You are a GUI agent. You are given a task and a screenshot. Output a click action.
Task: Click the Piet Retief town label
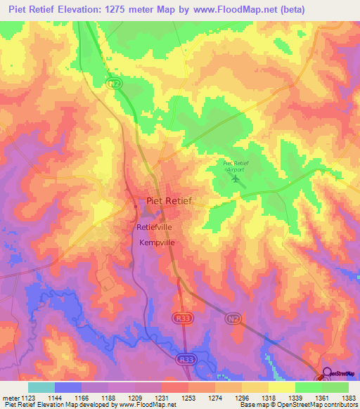tap(168, 201)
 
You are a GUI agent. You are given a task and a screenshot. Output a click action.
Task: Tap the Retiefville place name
tap(154, 228)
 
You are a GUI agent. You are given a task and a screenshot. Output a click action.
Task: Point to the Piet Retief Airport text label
tap(236, 166)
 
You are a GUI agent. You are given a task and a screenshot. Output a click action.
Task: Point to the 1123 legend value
tap(28, 398)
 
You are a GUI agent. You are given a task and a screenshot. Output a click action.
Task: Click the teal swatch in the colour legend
tap(41, 387)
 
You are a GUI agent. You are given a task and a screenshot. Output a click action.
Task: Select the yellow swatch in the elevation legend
tap(282, 387)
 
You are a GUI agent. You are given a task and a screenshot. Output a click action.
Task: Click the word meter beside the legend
tap(9, 398)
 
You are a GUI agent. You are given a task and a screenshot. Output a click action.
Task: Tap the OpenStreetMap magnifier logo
tap(327, 375)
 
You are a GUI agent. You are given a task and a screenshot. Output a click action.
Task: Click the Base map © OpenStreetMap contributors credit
tap(298, 405)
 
